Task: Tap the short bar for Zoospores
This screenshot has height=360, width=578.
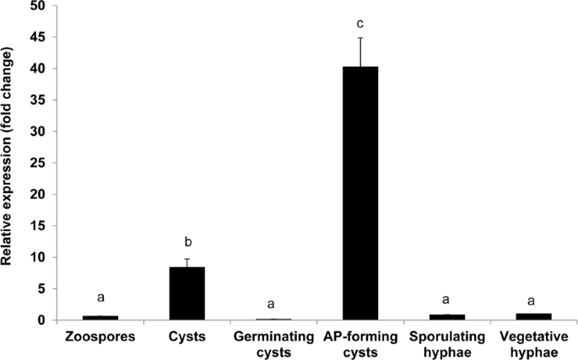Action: pos(100,318)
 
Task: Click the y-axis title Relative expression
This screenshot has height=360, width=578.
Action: pos(11,160)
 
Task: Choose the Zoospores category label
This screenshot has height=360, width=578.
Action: pos(100,336)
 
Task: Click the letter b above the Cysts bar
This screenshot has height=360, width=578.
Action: pos(187,243)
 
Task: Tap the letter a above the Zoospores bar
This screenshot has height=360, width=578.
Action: pos(100,298)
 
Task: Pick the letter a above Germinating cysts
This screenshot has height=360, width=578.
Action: pos(273,303)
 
